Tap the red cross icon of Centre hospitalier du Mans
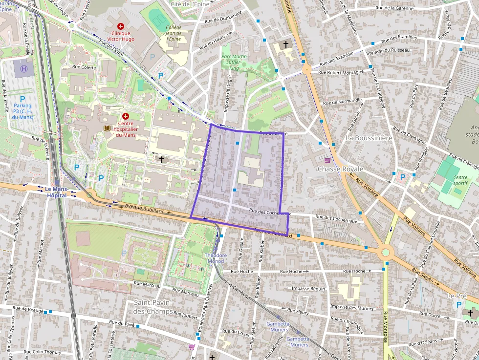click(126, 116)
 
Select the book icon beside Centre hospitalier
click(107, 128)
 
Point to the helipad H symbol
click(23, 69)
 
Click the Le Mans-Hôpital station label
click(56, 191)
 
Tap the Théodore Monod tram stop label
click(216, 258)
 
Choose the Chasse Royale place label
click(340, 169)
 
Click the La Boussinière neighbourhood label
click(369, 138)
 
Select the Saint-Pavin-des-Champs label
click(153, 307)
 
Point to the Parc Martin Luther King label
click(237, 62)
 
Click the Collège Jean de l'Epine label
click(174, 33)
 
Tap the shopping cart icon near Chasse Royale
click(327, 160)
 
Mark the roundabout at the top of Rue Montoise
click(386, 253)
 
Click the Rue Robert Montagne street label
click(341, 72)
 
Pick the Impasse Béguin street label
click(308, 289)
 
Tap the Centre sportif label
click(460, 181)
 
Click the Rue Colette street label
click(84, 67)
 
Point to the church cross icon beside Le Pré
click(471, 313)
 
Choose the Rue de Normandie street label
click(342, 102)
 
